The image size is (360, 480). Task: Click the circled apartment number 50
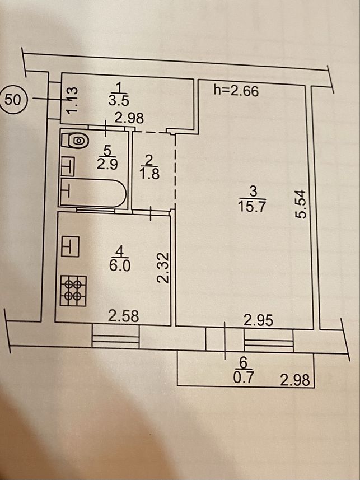[15, 100]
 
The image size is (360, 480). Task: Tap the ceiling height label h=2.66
[236, 91]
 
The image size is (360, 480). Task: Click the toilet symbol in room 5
[76, 141]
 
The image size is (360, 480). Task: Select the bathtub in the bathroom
[93, 192]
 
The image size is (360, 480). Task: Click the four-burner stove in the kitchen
[73, 291]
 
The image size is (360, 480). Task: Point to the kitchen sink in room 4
[70, 246]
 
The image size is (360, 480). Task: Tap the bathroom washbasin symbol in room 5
[68, 166]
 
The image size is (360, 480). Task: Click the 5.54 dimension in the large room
[300, 204]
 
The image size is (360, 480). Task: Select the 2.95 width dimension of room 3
[258, 320]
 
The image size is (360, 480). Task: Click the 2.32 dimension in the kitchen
[162, 268]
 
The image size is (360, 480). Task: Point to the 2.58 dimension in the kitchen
[123, 316]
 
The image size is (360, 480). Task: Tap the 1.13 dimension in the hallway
[73, 100]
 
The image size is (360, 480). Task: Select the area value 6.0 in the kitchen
[120, 266]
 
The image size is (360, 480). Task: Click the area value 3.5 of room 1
[119, 100]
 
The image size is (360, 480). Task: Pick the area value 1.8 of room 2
[149, 174]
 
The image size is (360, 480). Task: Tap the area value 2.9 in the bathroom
[107, 165]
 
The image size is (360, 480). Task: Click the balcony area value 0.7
[244, 378]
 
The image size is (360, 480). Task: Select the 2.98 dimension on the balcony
[295, 380]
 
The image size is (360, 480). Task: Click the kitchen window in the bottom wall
[115, 336]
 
